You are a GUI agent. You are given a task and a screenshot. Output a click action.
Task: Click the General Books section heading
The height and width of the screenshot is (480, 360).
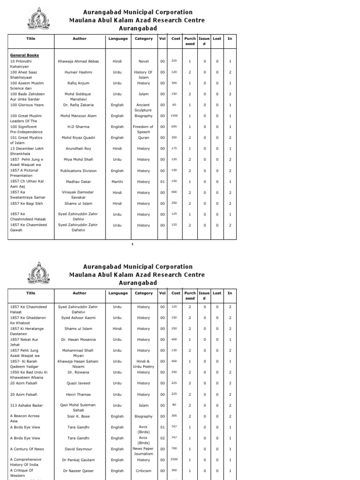(24, 55)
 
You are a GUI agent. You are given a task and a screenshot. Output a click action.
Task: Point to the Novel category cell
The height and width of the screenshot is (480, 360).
(143, 61)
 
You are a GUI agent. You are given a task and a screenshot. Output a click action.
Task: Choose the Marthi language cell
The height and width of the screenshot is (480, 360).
(118, 181)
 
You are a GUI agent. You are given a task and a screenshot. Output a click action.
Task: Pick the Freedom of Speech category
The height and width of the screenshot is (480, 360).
(143, 129)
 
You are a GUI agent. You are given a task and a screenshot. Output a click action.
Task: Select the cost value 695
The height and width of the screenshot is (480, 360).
(174, 127)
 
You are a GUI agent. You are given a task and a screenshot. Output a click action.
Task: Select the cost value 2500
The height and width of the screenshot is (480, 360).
(174, 460)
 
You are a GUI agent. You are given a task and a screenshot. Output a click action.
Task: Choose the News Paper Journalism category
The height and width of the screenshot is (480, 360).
(143, 451)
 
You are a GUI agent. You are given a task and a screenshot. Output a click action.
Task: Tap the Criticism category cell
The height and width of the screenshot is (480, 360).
(143, 471)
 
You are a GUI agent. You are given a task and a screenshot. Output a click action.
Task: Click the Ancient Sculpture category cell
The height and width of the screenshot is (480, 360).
(143, 107)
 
